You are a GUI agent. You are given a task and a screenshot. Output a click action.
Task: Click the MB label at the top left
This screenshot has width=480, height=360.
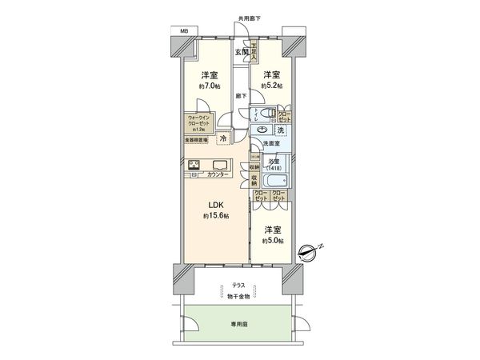(x=184, y=30)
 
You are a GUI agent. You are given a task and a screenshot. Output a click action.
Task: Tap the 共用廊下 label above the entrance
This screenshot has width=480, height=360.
(x=250, y=18)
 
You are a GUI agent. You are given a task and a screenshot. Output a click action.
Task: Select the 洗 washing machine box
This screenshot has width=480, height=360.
(x=281, y=130)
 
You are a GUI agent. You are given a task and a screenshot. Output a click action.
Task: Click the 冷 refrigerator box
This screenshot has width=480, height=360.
(x=222, y=137)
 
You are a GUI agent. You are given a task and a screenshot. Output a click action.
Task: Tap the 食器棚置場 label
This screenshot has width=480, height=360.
(x=197, y=141)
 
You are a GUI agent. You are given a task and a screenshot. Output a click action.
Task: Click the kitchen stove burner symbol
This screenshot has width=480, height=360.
(x=195, y=166)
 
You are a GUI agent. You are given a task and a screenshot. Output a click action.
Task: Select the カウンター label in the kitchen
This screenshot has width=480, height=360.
(x=218, y=174)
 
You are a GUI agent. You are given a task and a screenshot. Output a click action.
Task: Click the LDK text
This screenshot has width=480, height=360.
(x=215, y=202)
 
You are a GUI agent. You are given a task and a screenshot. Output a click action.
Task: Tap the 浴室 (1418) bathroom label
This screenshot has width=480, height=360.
(x=273, y=164)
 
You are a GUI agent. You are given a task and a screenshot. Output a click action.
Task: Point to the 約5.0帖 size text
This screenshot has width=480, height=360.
(x=274, y=242)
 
